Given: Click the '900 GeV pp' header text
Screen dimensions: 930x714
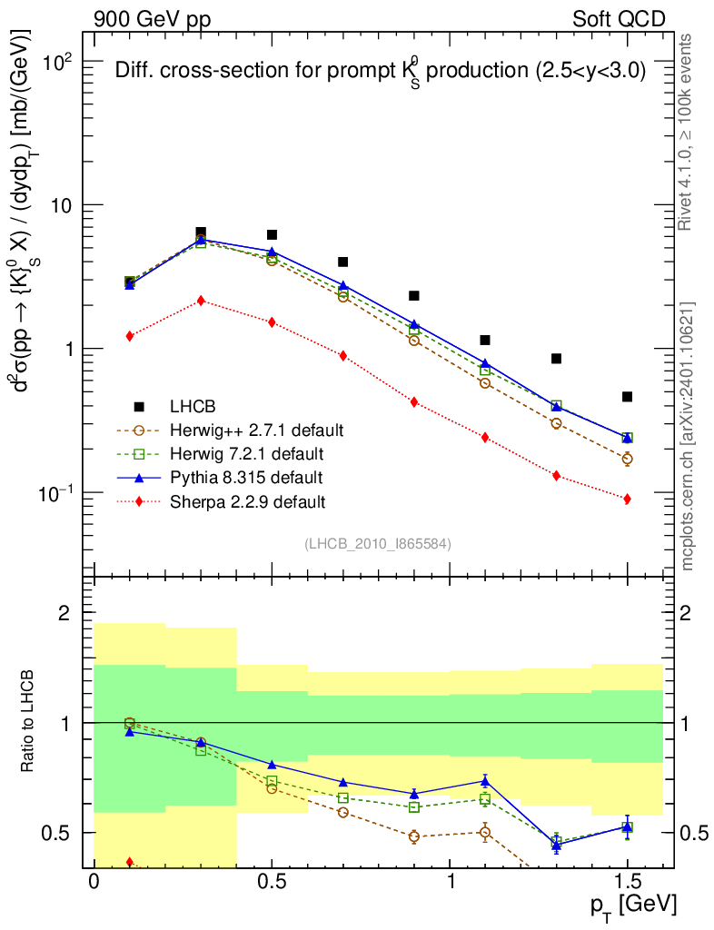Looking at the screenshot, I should pyautogui.click(x=152, y=19).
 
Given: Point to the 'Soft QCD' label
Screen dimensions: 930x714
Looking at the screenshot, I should pyautogui.click(x=620, y=19).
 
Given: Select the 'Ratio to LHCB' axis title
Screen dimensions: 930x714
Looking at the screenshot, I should pyautogui.click(x=31, y=721).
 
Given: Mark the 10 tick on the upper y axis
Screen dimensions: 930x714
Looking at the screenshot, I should pyautogui.click(x=62, y=205).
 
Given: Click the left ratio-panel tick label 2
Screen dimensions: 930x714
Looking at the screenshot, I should pyautogui.click(x=64, y=613).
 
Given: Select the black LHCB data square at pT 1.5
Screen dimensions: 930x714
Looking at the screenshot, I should pyautogui.click(x=627, y=397).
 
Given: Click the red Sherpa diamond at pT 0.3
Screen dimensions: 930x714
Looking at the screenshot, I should pyautogui.click(x=201, y=301).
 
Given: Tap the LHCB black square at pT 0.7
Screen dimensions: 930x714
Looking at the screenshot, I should pyautogui.click(x=342, y=262).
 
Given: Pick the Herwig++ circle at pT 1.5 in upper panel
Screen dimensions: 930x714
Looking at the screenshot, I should pyautogui.click(x=627, y=459).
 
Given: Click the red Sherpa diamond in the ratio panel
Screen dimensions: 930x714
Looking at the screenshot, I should pyautogui.click(x=130, y=862).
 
